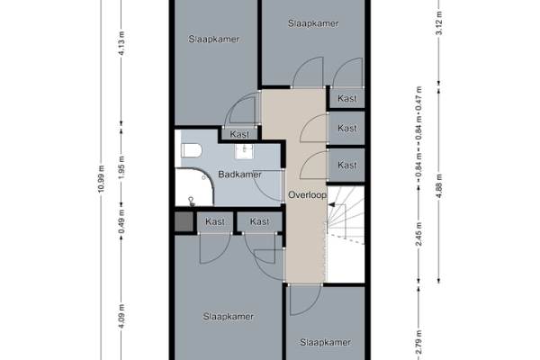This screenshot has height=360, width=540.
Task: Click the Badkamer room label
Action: pos(239,175)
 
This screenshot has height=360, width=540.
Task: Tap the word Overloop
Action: pos(307,195)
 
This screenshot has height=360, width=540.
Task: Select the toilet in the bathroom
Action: pos(191,150)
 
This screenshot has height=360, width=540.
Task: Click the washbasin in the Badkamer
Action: pos(244,151)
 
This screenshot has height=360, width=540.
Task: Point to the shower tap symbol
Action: pos(192,202)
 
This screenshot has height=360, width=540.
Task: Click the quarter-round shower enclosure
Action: pos(194,187)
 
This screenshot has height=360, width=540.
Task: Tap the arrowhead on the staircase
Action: pos(331,204)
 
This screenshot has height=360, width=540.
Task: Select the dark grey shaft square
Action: pos(184,222)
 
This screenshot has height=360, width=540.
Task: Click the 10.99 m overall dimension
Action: pos(101,179)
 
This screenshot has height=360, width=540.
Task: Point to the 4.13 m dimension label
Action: pos(121,43)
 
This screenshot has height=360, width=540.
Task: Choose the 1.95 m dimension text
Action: pos(121,167)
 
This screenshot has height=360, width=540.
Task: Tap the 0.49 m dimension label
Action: pos(121,221)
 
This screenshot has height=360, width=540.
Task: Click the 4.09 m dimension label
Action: pos(121,316)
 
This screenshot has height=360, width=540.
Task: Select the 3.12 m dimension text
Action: pos(439,23)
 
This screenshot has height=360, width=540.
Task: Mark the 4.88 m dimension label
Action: pos(439,186)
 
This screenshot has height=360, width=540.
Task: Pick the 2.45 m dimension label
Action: pos(418,234)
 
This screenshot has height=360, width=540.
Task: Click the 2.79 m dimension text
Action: pos(418,342)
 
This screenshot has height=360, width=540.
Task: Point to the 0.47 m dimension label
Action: pos(418,98)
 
